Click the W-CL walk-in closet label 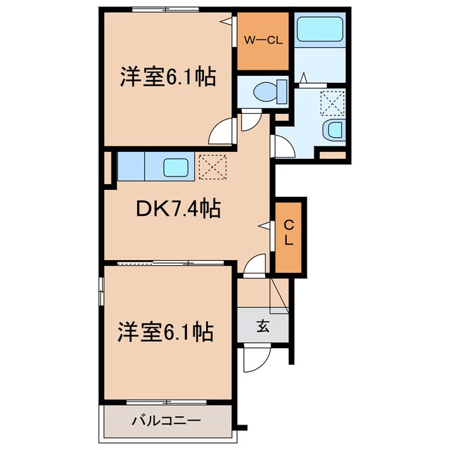264,40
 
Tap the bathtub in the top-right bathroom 319,30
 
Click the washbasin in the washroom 333,129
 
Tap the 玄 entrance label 262,326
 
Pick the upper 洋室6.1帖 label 167,77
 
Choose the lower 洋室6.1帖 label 167,331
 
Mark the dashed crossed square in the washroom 330,101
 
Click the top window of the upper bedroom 167,9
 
